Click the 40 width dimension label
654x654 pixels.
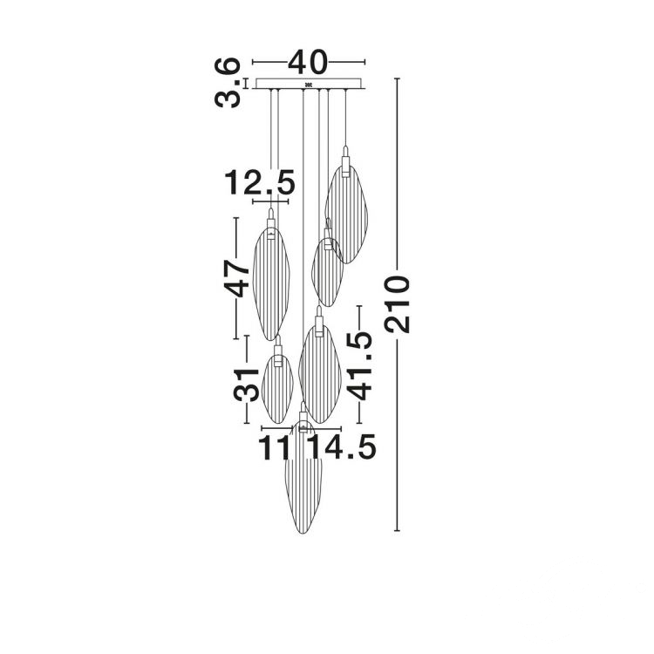click(x=308, y=63)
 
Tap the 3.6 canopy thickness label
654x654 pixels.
click(x=228, y=83)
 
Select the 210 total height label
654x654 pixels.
click(x=398, y=303)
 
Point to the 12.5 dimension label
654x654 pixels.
click(x=260, y=183)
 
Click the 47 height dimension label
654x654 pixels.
click(x=236, y=278)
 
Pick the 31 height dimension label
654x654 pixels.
click(x=246, y=385)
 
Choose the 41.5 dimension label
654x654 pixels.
click(x=359, y=365)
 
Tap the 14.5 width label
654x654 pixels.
click(x=342, y=447)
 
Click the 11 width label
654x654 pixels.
click(x=274, y=448)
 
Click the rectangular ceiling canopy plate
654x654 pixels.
click(x=310, y=84)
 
